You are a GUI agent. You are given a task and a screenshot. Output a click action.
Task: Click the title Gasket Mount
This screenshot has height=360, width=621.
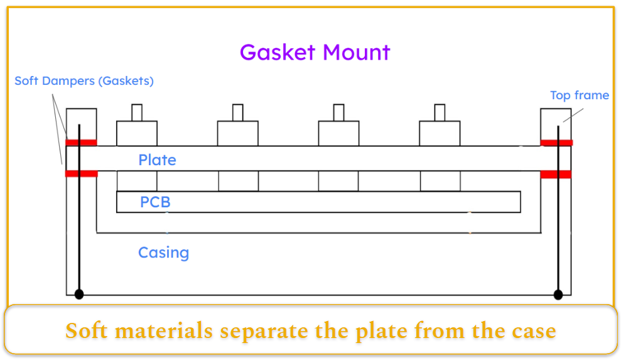point(315,52)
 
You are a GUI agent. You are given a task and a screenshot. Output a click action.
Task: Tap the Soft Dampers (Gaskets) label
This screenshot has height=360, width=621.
point(84,81)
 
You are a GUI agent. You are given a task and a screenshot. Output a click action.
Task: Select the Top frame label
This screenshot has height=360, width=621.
point(579,95)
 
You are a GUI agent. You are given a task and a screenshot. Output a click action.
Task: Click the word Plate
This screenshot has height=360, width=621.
point(157,160)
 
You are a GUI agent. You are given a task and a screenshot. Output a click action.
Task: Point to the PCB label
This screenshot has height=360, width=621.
point(155,202)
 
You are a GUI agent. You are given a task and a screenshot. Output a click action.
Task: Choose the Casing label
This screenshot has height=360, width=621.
point(163,253)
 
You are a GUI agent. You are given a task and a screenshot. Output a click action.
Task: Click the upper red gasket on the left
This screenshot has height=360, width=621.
point(81,143)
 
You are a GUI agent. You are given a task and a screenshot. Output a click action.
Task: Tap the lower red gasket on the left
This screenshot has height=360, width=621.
point(81,174)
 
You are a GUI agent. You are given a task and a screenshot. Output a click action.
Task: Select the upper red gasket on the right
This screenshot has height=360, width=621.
point(556,143)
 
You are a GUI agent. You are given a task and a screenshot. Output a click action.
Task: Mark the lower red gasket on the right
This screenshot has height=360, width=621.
point(556,174)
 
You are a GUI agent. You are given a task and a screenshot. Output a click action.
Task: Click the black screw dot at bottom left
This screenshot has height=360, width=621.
point(79,294)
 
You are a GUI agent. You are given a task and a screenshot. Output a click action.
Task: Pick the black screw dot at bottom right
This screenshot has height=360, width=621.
point(558,294)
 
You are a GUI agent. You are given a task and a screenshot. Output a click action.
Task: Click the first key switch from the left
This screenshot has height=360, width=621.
point(137,133)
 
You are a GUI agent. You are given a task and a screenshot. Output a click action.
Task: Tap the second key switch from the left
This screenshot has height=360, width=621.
point(237,133)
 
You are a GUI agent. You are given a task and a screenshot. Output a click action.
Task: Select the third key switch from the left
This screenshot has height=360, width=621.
point(338,133)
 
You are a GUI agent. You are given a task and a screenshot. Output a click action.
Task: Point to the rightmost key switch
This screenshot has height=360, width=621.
point(440,133)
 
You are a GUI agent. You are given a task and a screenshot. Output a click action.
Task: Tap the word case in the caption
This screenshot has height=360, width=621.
point(532,331)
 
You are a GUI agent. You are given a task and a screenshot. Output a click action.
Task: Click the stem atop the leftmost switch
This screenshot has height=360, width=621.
point(137,112)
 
